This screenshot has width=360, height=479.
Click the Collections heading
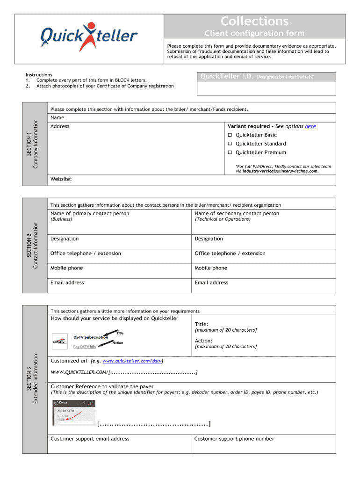point(254,21)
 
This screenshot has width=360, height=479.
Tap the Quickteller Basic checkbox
point(230,135)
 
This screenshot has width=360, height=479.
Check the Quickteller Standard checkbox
point(230,144)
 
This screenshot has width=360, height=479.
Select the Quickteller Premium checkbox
point(230,153)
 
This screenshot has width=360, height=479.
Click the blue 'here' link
point(310,126)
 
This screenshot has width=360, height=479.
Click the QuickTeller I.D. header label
point(226,77)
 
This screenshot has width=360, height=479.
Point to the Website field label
point(61,179)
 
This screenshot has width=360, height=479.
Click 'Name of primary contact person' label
point(90,214)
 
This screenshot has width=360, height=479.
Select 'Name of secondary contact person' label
point(237,214)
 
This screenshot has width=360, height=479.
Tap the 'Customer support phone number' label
point(234,439)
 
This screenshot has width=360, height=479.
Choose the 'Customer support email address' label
point(90,439)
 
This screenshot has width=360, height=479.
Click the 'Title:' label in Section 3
point(202,324)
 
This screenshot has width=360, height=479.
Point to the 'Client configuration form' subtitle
point(254,33)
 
